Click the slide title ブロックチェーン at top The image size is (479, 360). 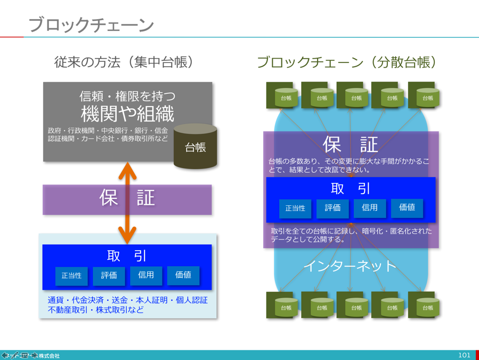coord(91,25)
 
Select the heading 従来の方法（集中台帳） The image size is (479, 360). coord(124,62)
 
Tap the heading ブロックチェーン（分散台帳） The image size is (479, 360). coord(347,62)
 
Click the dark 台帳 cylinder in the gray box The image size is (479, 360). coord(196,146)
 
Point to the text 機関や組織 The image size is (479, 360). coord(127,114)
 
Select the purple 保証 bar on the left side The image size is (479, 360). coord(127,198)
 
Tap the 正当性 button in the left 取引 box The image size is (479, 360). coord(71,276)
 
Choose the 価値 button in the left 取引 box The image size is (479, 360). coord(183,275)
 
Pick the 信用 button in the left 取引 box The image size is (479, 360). coord(146,275)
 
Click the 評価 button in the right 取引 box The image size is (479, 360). coord(332,208)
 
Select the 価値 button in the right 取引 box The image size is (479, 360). coord(407,207)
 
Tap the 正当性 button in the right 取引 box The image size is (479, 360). coord(295,208)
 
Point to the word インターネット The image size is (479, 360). coord(350,266)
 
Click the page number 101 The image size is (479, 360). coord(464,355)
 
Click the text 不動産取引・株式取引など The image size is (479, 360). coord(96,309)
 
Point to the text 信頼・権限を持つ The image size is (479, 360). coord(127,97)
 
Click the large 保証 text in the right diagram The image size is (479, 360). coord(350,144)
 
